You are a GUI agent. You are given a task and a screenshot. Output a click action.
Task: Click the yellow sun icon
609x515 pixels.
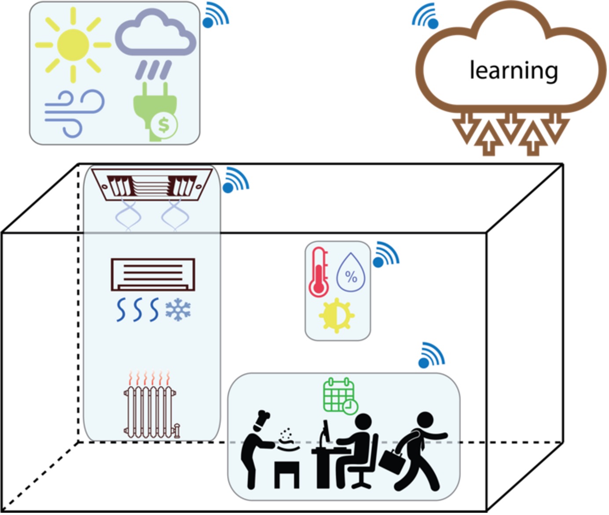[x=73, y=45]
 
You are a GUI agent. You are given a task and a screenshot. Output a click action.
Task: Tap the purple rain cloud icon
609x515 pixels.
[x=156, y=44]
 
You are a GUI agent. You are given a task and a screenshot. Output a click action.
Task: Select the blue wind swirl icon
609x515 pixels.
[x=74, y=114]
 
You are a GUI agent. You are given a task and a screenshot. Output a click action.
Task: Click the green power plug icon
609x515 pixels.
[x=155, y=112]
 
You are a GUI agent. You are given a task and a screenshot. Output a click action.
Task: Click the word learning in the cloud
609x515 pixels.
[x=514, y=71]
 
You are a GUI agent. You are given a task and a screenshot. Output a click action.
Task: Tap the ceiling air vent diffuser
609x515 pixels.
[x=152, y=184]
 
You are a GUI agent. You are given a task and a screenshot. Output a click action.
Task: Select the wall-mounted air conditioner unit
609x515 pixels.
[x=153, y=275]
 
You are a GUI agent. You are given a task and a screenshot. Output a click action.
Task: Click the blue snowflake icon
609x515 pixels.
[x=178, y=310]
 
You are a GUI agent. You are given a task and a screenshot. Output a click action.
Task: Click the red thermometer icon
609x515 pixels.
[x=319, y=272]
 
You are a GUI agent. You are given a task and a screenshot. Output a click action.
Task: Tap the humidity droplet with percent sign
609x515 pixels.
[x=351, y=272]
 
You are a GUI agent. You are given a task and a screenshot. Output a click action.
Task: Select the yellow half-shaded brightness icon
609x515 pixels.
[x=337, y=316]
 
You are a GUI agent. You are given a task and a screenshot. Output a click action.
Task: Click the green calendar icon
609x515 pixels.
[x=341, y=396]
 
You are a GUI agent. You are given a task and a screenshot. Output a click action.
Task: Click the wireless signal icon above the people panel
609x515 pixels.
[x=431, y=355]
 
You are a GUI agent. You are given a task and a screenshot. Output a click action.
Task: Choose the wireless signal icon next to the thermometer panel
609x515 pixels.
[x=385, y=254]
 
